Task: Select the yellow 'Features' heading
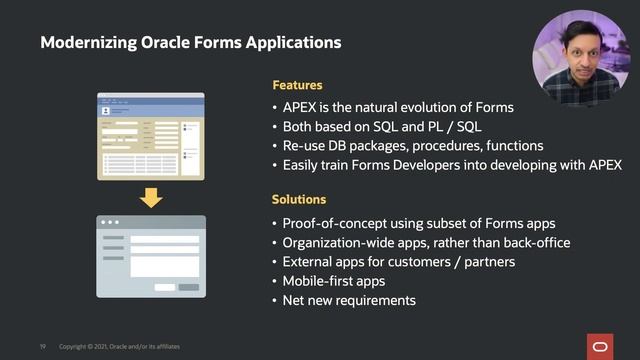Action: click(297, 86)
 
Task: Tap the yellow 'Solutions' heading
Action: click(299, 200)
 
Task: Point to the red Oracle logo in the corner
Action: click(606, 346)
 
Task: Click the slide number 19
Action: click(43, 346)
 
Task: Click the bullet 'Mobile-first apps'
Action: click(334, 281)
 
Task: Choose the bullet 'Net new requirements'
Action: click(349, 300)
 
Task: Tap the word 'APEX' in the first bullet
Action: click(301, 108)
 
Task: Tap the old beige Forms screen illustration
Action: click(150, 136)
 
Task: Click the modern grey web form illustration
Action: click(150, 255)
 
